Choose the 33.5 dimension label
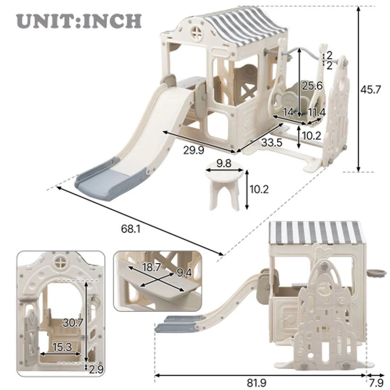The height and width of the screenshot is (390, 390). coord(271,143)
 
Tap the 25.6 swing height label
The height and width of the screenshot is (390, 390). coord(312,85)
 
